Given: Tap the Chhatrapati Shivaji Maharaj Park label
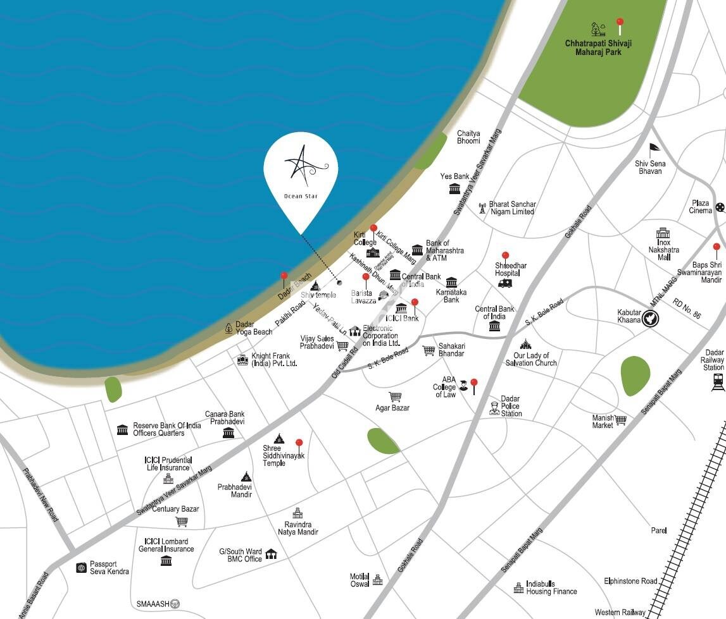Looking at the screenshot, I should click(598, 47).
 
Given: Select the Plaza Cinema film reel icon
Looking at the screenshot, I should click(720, 207).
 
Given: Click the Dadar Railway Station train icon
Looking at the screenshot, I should click(718, 380).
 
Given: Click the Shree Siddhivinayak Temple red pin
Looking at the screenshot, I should click(299, 444).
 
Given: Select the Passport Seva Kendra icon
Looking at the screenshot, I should click(81, 568).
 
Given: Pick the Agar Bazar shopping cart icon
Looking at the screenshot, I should click(396, 396).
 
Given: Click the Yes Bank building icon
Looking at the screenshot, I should click(454, 188).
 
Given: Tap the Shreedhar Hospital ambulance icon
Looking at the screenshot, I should click(505, 283).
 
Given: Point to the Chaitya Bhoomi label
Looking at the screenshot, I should click(468, 137).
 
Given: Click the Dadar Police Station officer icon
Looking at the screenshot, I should click(494, 408).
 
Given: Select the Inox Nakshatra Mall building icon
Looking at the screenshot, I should click(663, 233).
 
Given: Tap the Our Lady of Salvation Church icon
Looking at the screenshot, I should click(525, 345).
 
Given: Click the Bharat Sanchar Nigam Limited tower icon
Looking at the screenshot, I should click(482, 207).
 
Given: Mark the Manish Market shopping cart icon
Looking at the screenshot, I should click(620, 420).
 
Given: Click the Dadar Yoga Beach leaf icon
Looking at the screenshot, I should click(228, 328).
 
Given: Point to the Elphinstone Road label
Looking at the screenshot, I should click(630, 581).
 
